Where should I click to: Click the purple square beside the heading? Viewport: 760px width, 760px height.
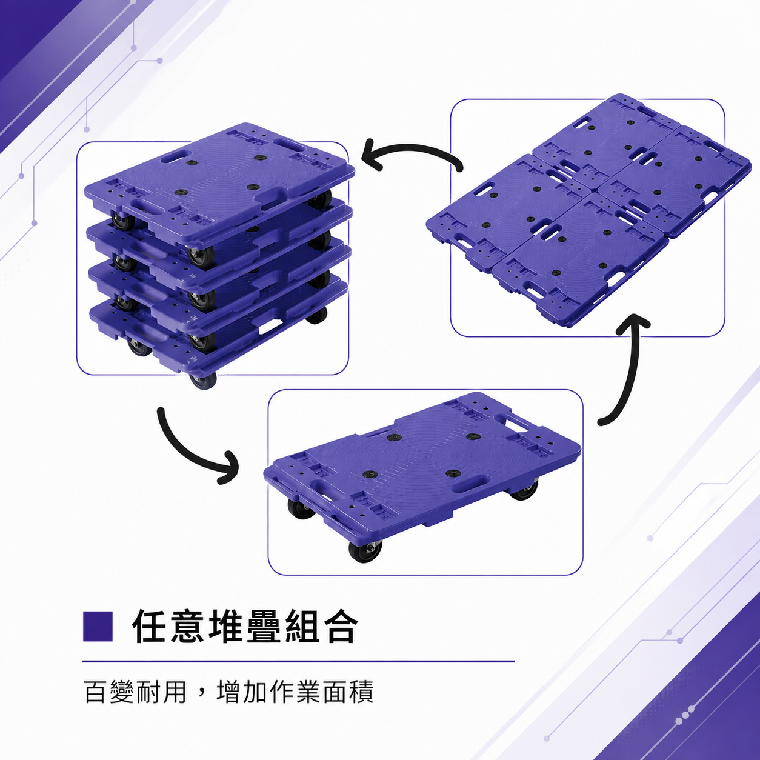click(98, 626)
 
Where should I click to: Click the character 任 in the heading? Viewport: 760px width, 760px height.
click(150, 627)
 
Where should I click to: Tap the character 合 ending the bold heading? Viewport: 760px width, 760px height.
click(339, 627)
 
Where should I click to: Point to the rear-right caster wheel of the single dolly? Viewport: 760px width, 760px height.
click(523, 491)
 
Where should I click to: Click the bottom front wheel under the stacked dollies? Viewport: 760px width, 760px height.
click(202, 380)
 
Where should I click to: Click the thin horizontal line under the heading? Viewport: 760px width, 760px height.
click(299, 661)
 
